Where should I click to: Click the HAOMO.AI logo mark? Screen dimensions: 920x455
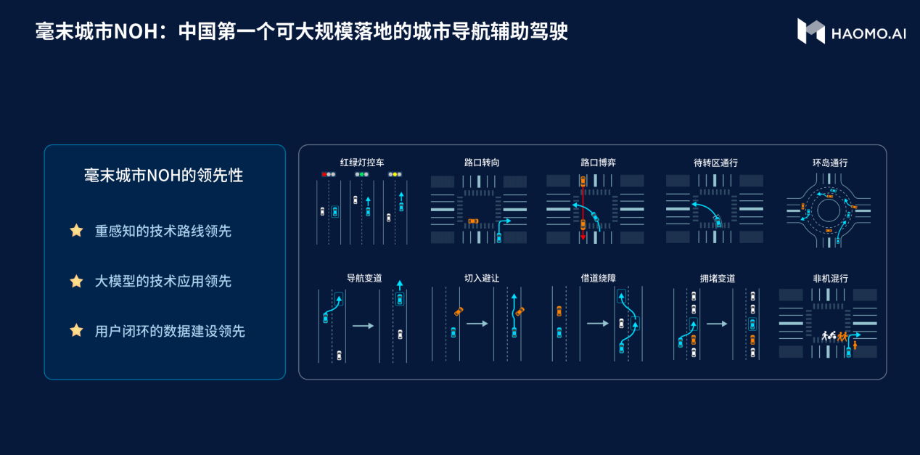pos(810,31)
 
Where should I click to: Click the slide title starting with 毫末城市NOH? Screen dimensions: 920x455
pos(301,31)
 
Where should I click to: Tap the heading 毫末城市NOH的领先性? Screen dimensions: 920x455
pos(163,176)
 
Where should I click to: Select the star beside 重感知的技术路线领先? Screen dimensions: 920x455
pos(76,230)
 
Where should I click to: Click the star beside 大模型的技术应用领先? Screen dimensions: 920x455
pos(76,282)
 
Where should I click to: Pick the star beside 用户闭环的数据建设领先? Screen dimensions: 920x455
pos(76,331)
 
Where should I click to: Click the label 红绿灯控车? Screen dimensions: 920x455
pos(362,163)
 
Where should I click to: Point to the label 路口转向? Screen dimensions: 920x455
pos(482,163)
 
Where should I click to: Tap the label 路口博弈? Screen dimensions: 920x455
pos(598,163)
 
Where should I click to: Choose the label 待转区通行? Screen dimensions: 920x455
pos(715,163)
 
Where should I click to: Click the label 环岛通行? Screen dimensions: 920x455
pos(830,163)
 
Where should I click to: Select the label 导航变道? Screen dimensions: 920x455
pos(364,279)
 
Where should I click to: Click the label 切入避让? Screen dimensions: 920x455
pos(482,279)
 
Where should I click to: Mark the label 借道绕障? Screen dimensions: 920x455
pos(598,279)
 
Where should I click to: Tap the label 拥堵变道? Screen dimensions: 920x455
pos(718,279)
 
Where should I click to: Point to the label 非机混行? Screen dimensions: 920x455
pos(831,279)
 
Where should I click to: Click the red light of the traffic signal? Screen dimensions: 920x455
pos(324,175)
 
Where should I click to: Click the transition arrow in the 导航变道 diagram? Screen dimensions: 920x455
pos(363,326)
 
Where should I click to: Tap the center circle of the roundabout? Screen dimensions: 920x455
pos(829,210)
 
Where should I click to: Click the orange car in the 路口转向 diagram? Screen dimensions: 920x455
pos(474,221)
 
